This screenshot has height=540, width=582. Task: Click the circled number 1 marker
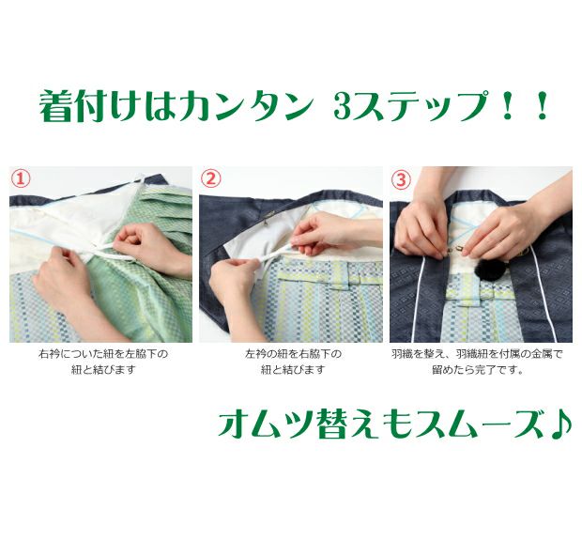coord(21,178)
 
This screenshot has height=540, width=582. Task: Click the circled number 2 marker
coord(211,178)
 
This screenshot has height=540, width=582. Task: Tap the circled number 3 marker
coord(401,179)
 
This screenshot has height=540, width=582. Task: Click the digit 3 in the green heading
coord(343,107)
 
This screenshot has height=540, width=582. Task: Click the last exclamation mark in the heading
coord(542,107)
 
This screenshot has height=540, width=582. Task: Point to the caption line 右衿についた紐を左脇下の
coord(103,354)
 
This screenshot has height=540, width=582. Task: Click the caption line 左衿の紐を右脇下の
coord(293,354)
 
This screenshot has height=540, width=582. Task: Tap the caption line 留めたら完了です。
coord(478,371)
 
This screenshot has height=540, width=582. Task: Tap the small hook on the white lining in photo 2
coord(267,223)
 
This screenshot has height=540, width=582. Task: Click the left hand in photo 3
coord(421,230)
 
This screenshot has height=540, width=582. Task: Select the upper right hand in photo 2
coord(327,234)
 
